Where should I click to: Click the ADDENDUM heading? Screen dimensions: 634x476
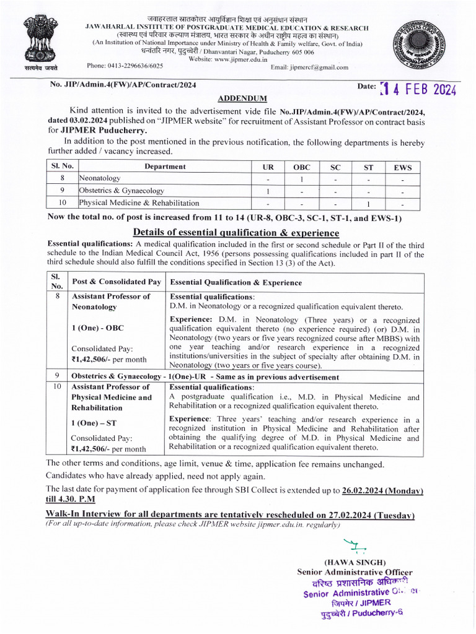point(242,98)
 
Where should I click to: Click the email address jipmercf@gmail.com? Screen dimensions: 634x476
point(309,67)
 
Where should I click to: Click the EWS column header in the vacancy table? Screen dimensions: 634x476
point(402,167)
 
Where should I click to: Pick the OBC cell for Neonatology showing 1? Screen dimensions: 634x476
point(301,179)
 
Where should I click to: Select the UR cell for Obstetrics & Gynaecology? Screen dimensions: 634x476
point(268,191)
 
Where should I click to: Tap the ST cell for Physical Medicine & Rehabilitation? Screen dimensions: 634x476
point(368,203)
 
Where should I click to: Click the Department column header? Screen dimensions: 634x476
point(165,167)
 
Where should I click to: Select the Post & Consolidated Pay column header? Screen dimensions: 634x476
point(117,282)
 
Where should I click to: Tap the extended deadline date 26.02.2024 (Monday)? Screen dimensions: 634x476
point(382,490)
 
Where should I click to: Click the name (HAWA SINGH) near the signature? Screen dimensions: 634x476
point(355,562)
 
